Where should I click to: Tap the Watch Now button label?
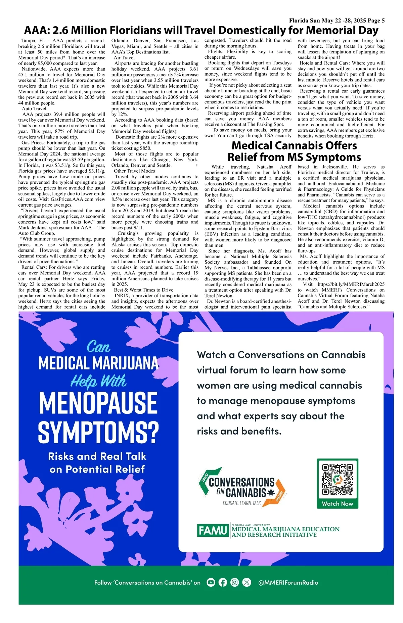[x=338, y=503]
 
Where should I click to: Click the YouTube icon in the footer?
[x=211, y=582]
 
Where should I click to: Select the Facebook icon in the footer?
[x=223, y=582]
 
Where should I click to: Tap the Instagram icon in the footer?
[x=235, y=582]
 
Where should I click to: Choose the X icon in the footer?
[x=247, y=582]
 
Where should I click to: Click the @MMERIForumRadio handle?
[x=288, y=583]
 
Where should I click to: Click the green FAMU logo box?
[x=213, y=531]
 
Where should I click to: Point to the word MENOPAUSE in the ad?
[x=98, y=403]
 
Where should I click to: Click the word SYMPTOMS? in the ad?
[x=98, y=432]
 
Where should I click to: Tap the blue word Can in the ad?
[x=98, y=347]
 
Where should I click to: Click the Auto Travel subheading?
[x=34, y=108]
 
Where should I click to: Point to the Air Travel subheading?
[x=124, y=57]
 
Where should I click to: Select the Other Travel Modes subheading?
[x=134, y=171]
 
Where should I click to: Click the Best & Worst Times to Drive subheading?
[x=144, y=290]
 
